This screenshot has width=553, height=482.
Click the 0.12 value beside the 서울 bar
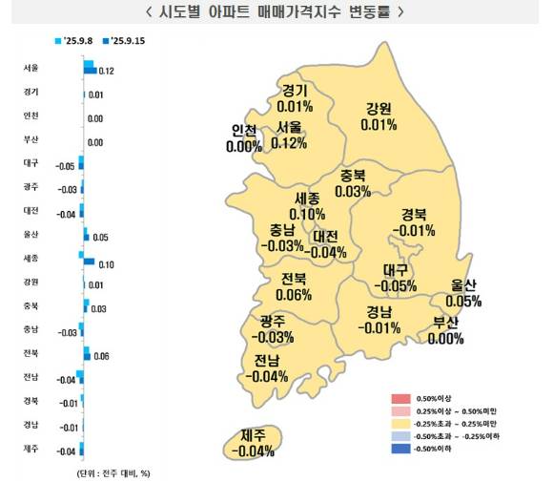point(107,72)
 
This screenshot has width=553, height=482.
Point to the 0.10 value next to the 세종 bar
point(106,262)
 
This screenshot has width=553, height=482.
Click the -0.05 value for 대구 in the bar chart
point(64,166)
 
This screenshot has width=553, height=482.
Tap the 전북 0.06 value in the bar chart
point(102,355)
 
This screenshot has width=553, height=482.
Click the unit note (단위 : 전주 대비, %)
point(113,472)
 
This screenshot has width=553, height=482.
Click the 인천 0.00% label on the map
point(244,138)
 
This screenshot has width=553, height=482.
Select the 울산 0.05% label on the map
point(461,293)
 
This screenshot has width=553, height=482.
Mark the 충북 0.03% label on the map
point(354,183)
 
